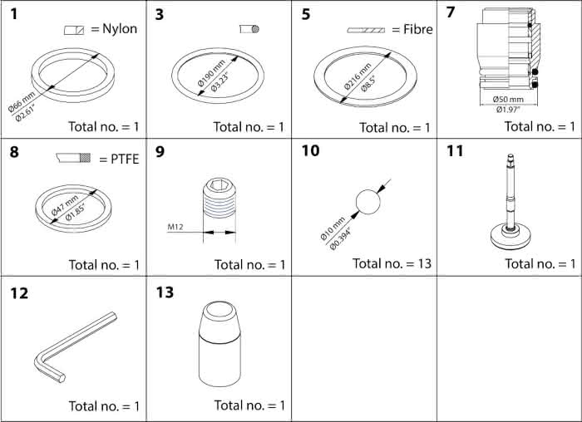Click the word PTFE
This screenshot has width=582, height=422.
pyautogui.click(x=120, y=158)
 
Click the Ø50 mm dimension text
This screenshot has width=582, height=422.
pyautogui.click(x=496, y=99)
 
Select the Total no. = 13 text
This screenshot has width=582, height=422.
pyautogui.click(x=392, y=263)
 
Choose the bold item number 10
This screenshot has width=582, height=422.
pyautogui.click(x=310, y=151)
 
